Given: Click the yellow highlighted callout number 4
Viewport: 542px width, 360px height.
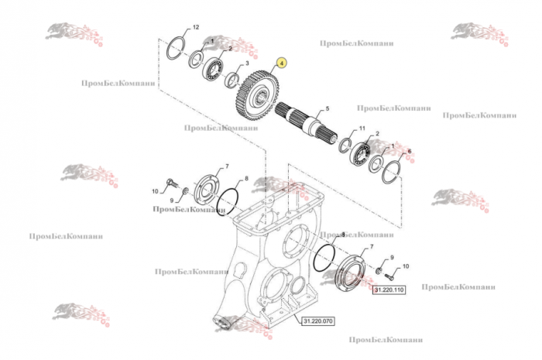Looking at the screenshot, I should coord(282,63).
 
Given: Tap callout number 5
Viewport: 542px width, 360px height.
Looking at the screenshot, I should coord(328,108).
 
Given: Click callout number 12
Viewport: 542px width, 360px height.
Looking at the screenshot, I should coord(195,27).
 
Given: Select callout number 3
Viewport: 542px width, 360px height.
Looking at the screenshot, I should coord(246,63).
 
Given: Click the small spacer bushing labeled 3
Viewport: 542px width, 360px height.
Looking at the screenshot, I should coord(232,78).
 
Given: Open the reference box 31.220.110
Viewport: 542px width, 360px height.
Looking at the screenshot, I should coord(389,290).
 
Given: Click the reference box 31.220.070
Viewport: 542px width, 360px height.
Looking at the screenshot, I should coord(314,320).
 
